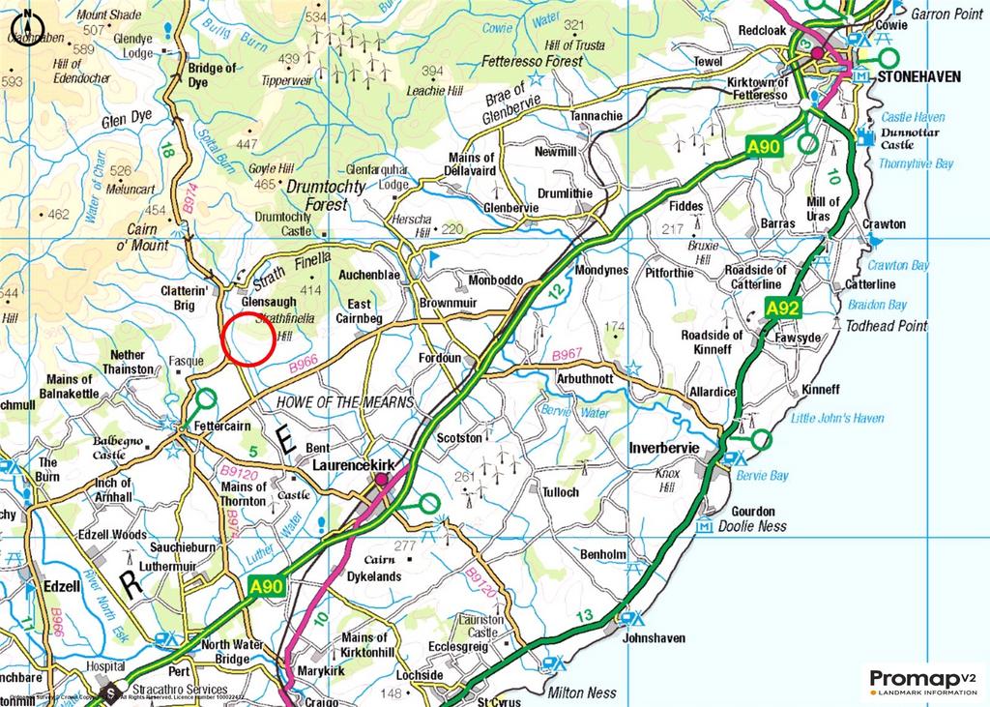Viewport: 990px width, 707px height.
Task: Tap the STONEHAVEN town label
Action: (919, 75)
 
